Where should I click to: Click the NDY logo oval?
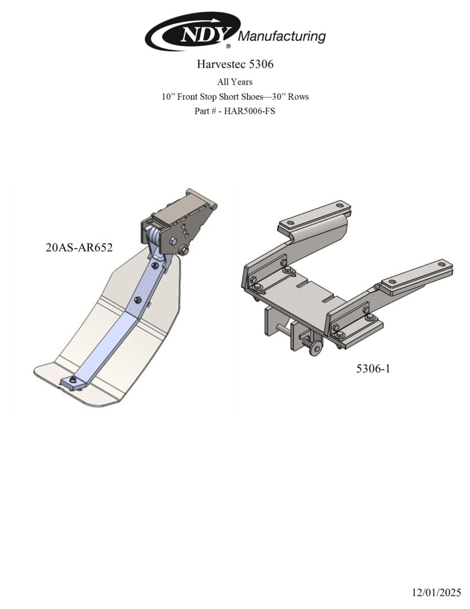193,30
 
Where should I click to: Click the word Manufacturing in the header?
281,37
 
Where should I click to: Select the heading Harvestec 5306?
235,64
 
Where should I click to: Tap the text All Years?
235,82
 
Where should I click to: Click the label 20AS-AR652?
79,248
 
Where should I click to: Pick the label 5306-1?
373,368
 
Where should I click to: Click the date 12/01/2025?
436,593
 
